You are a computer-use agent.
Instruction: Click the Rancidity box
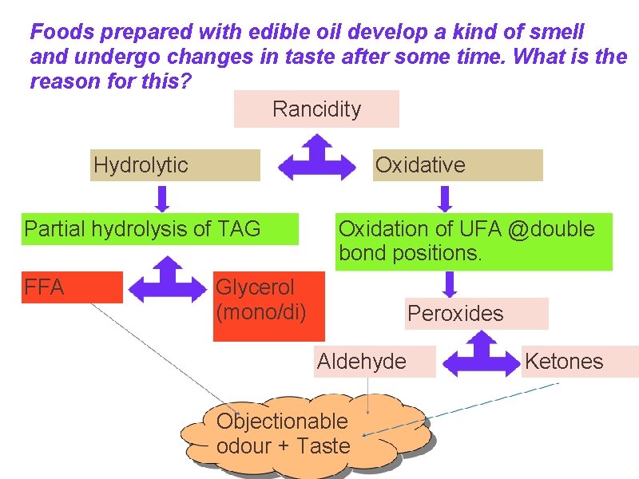point(316,109)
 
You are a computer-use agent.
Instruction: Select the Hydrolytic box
point(175,165)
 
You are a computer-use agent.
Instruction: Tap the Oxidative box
point(457,165)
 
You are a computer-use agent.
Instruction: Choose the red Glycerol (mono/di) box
point(269,306)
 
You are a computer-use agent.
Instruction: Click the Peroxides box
point(477,314)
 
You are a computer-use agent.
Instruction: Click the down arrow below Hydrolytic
point(162,197)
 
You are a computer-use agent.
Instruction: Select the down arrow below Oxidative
point(446,197)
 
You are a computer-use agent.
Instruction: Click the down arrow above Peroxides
point(450,284)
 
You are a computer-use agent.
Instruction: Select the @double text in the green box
point(551,229)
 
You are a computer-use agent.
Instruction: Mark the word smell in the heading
point(555,33)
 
